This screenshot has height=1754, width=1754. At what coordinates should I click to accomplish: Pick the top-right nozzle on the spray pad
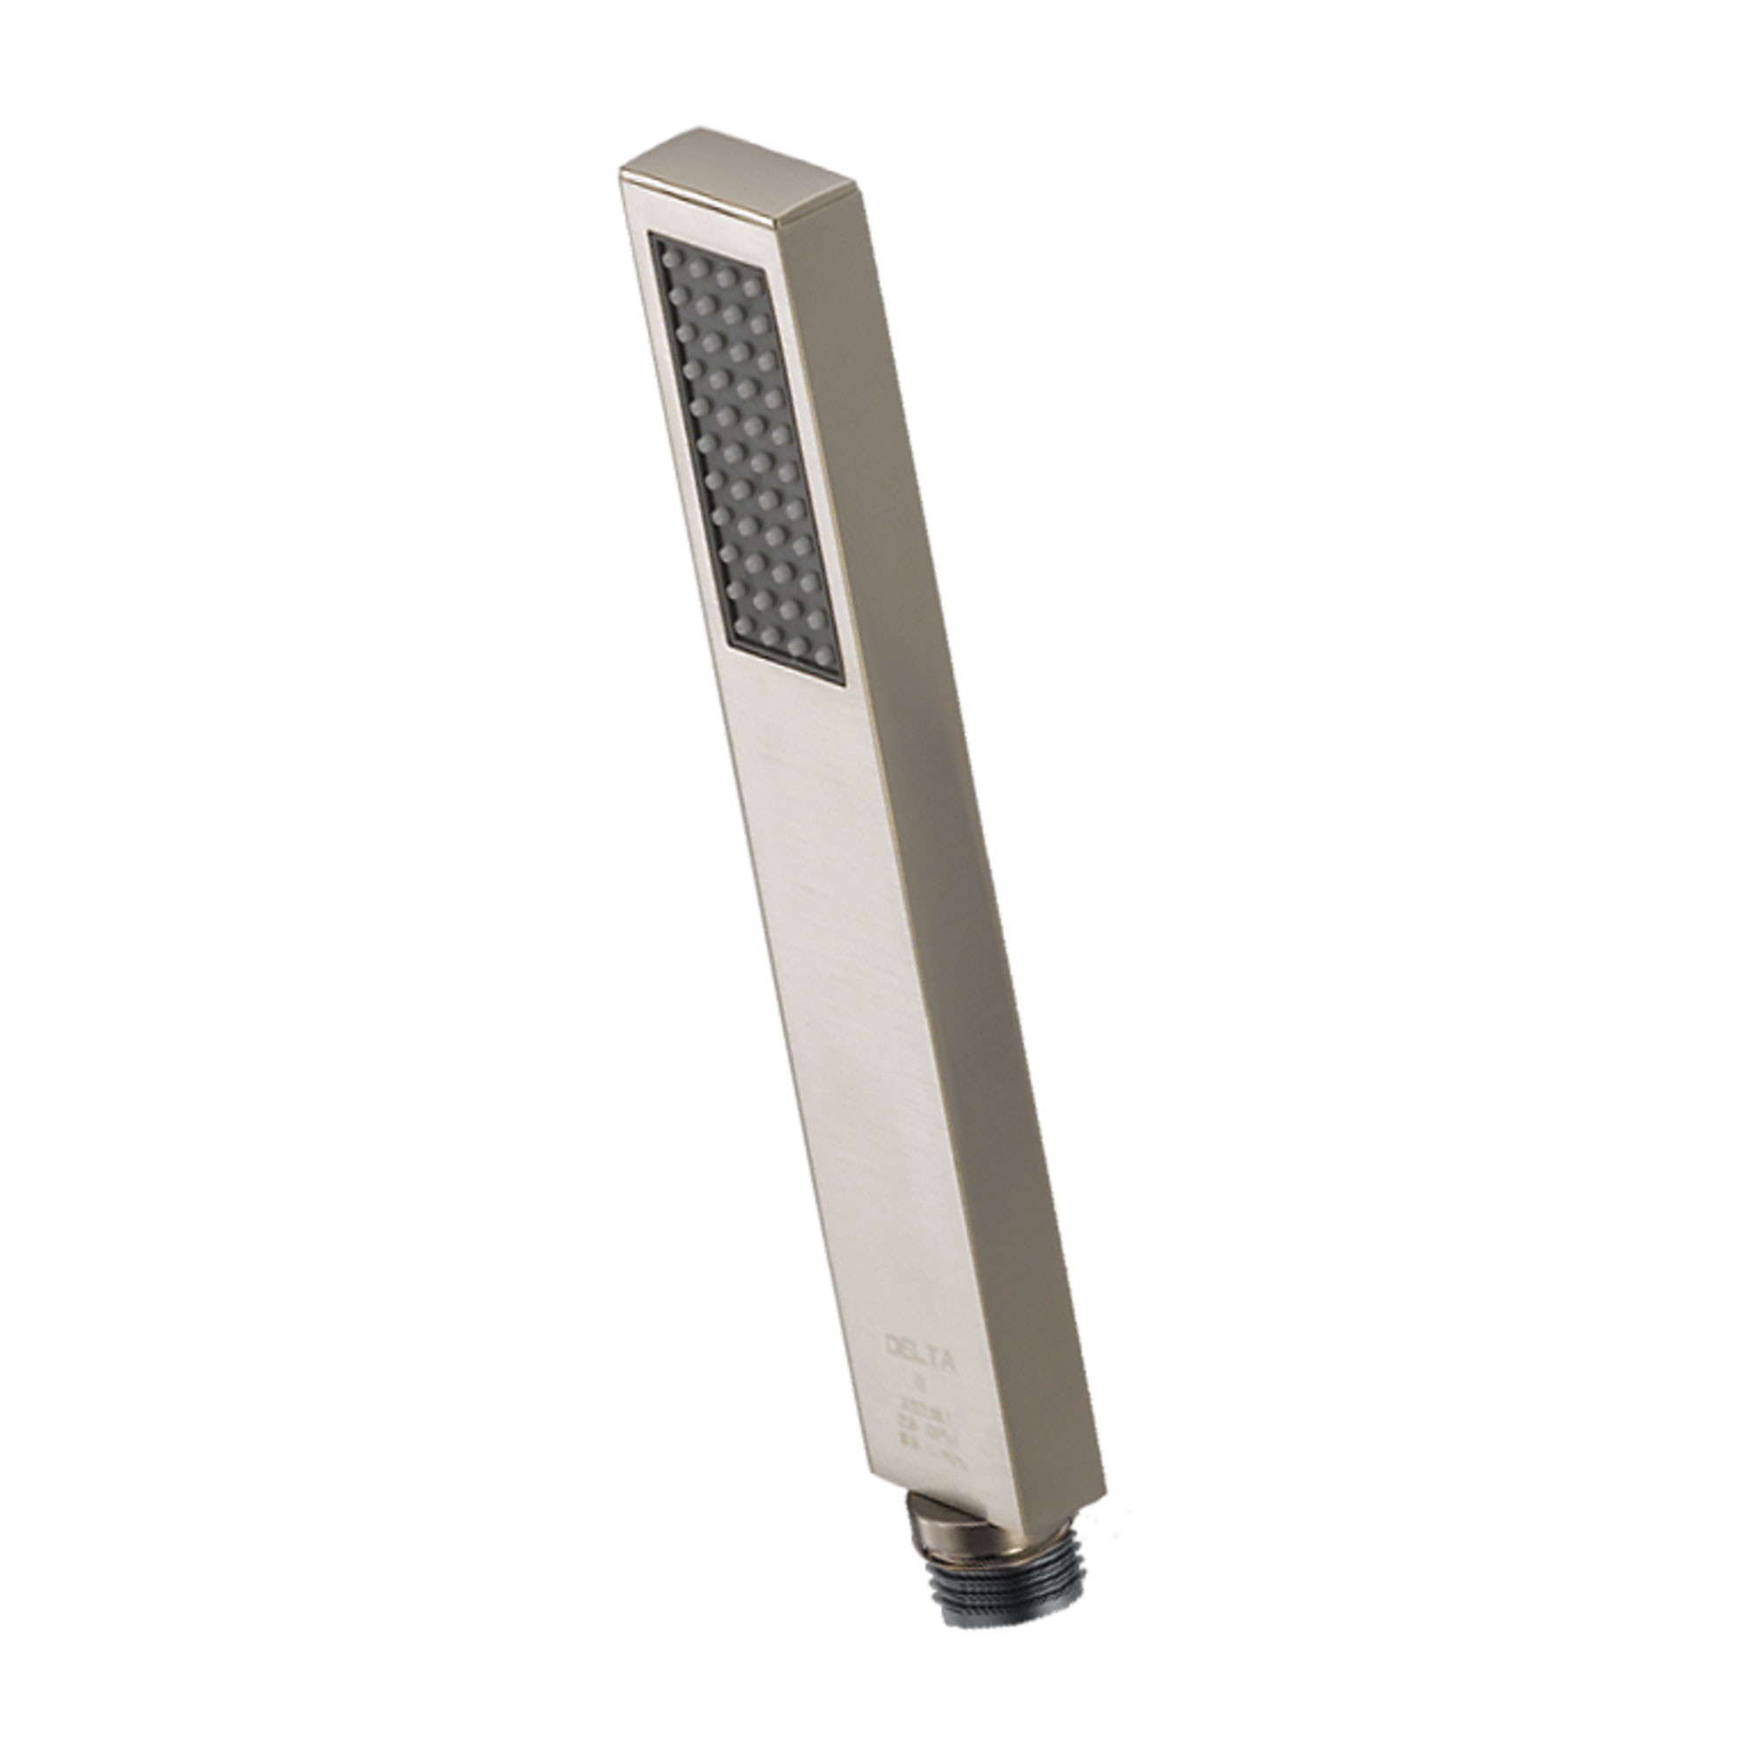click(750, 287)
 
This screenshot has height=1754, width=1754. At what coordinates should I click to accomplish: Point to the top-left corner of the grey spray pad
click(650, 233)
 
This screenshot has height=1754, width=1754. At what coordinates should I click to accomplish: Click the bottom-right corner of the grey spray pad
click(844, 681)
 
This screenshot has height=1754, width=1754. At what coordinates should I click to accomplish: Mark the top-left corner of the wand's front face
click(620, 172)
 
